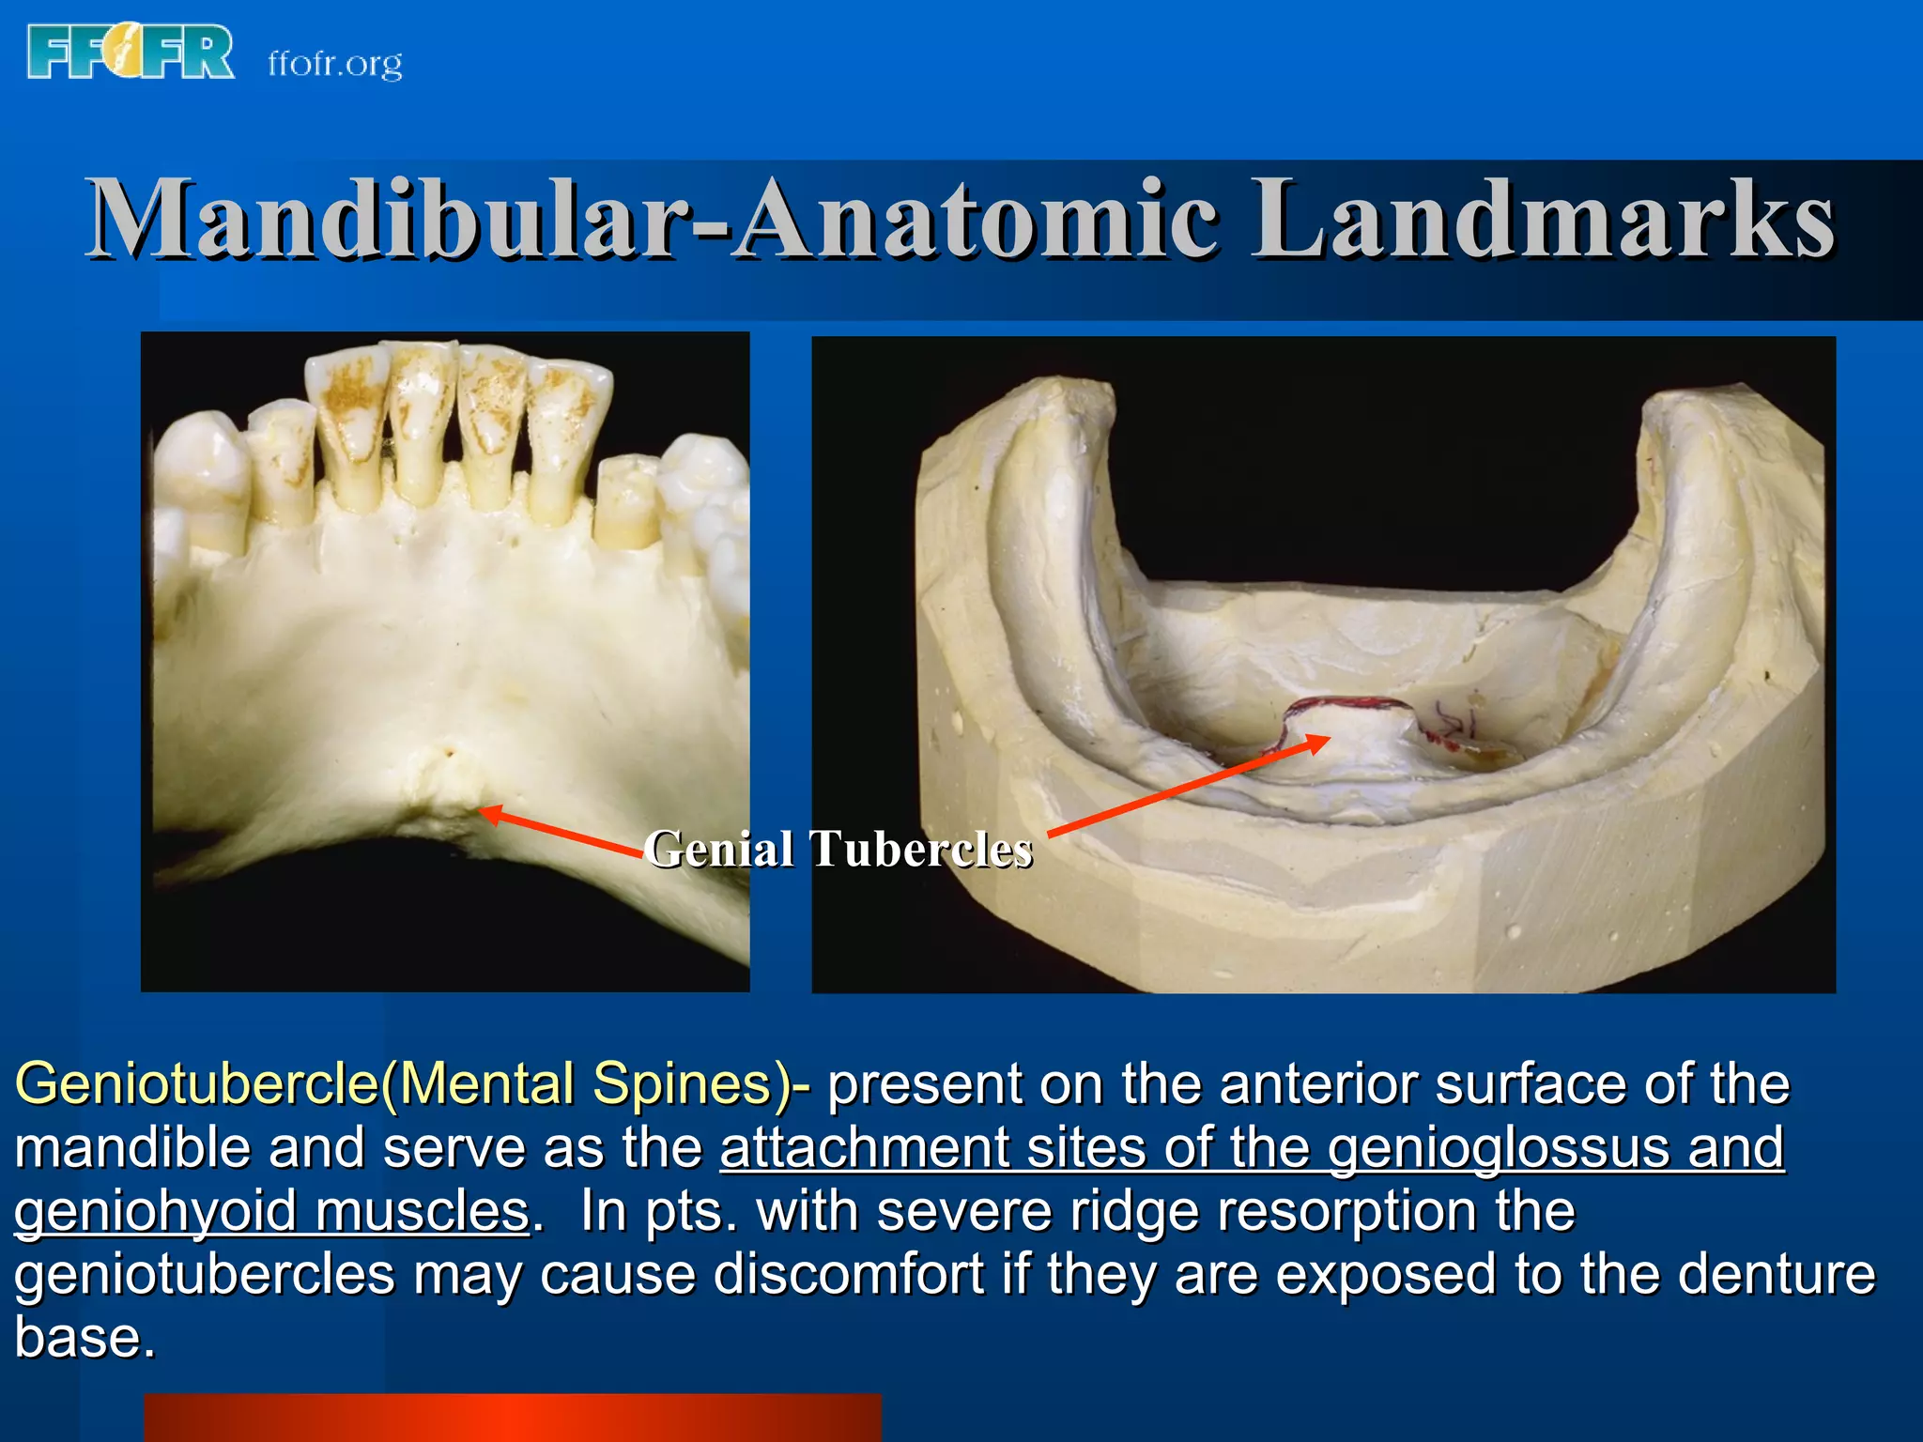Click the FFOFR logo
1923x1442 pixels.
coord(131,53)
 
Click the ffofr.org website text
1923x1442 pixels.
coord(335,64)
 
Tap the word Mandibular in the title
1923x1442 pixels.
coord(381,220)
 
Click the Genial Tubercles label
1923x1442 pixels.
coord(838,849)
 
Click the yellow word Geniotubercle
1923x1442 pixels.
coord(196,1083)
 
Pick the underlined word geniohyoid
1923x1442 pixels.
coord(156,1211)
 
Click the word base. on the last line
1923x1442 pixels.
coord(85,1337)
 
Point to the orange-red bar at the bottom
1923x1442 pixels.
coord(513,1417)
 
